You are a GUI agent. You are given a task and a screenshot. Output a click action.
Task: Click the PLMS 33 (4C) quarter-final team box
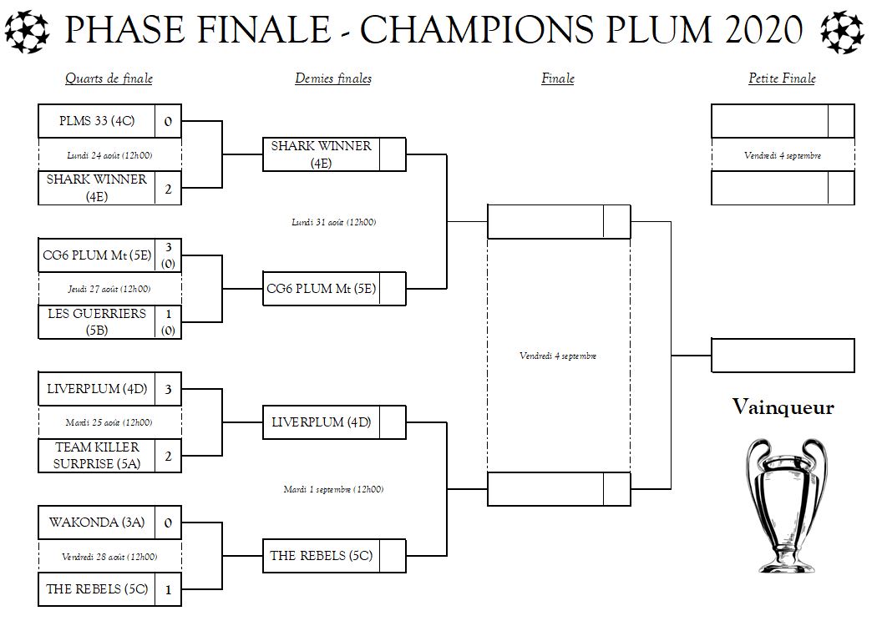(x=97, y=121)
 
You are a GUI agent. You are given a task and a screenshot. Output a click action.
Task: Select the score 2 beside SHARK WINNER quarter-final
(x=168, y=189)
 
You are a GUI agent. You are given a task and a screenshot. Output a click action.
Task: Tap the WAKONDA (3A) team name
(x=97, y=523)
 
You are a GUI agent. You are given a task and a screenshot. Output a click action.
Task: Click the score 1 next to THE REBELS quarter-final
(x=168, y=589)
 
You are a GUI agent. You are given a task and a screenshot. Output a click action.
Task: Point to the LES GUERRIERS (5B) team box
(x=97, y=322)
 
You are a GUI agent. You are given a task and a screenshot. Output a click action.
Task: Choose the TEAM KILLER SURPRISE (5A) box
(x=97, y=456)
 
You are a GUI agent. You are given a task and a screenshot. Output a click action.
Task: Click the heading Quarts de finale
(x=109, y=78)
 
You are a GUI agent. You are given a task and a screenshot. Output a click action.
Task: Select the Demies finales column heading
(x=332, y=78)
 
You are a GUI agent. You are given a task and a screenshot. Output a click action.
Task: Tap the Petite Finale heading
(x=782, y=78)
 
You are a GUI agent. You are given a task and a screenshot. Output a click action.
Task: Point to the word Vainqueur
(x=783, y=407)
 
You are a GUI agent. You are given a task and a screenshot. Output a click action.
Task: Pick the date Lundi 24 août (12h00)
(x=109, y=155)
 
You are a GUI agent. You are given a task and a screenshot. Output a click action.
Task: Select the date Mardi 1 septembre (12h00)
(x=333, y=489)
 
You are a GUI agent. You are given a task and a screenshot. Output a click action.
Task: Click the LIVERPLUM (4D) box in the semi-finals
(x=322, y=422)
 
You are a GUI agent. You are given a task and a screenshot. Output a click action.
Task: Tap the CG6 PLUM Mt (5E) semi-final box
(x=322, y=289)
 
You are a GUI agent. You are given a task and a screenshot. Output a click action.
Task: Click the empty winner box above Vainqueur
(x=783, y=355)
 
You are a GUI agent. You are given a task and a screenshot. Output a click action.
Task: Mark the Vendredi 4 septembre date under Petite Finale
(x=783, y=155)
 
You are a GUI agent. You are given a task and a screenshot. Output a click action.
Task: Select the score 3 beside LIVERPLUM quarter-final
(x=168, y=389)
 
